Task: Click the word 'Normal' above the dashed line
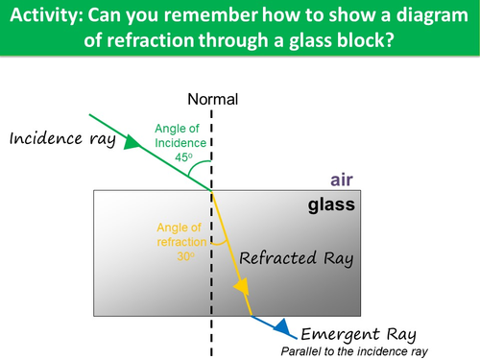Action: coord(212,99)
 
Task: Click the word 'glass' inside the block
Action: coord(331,204)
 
